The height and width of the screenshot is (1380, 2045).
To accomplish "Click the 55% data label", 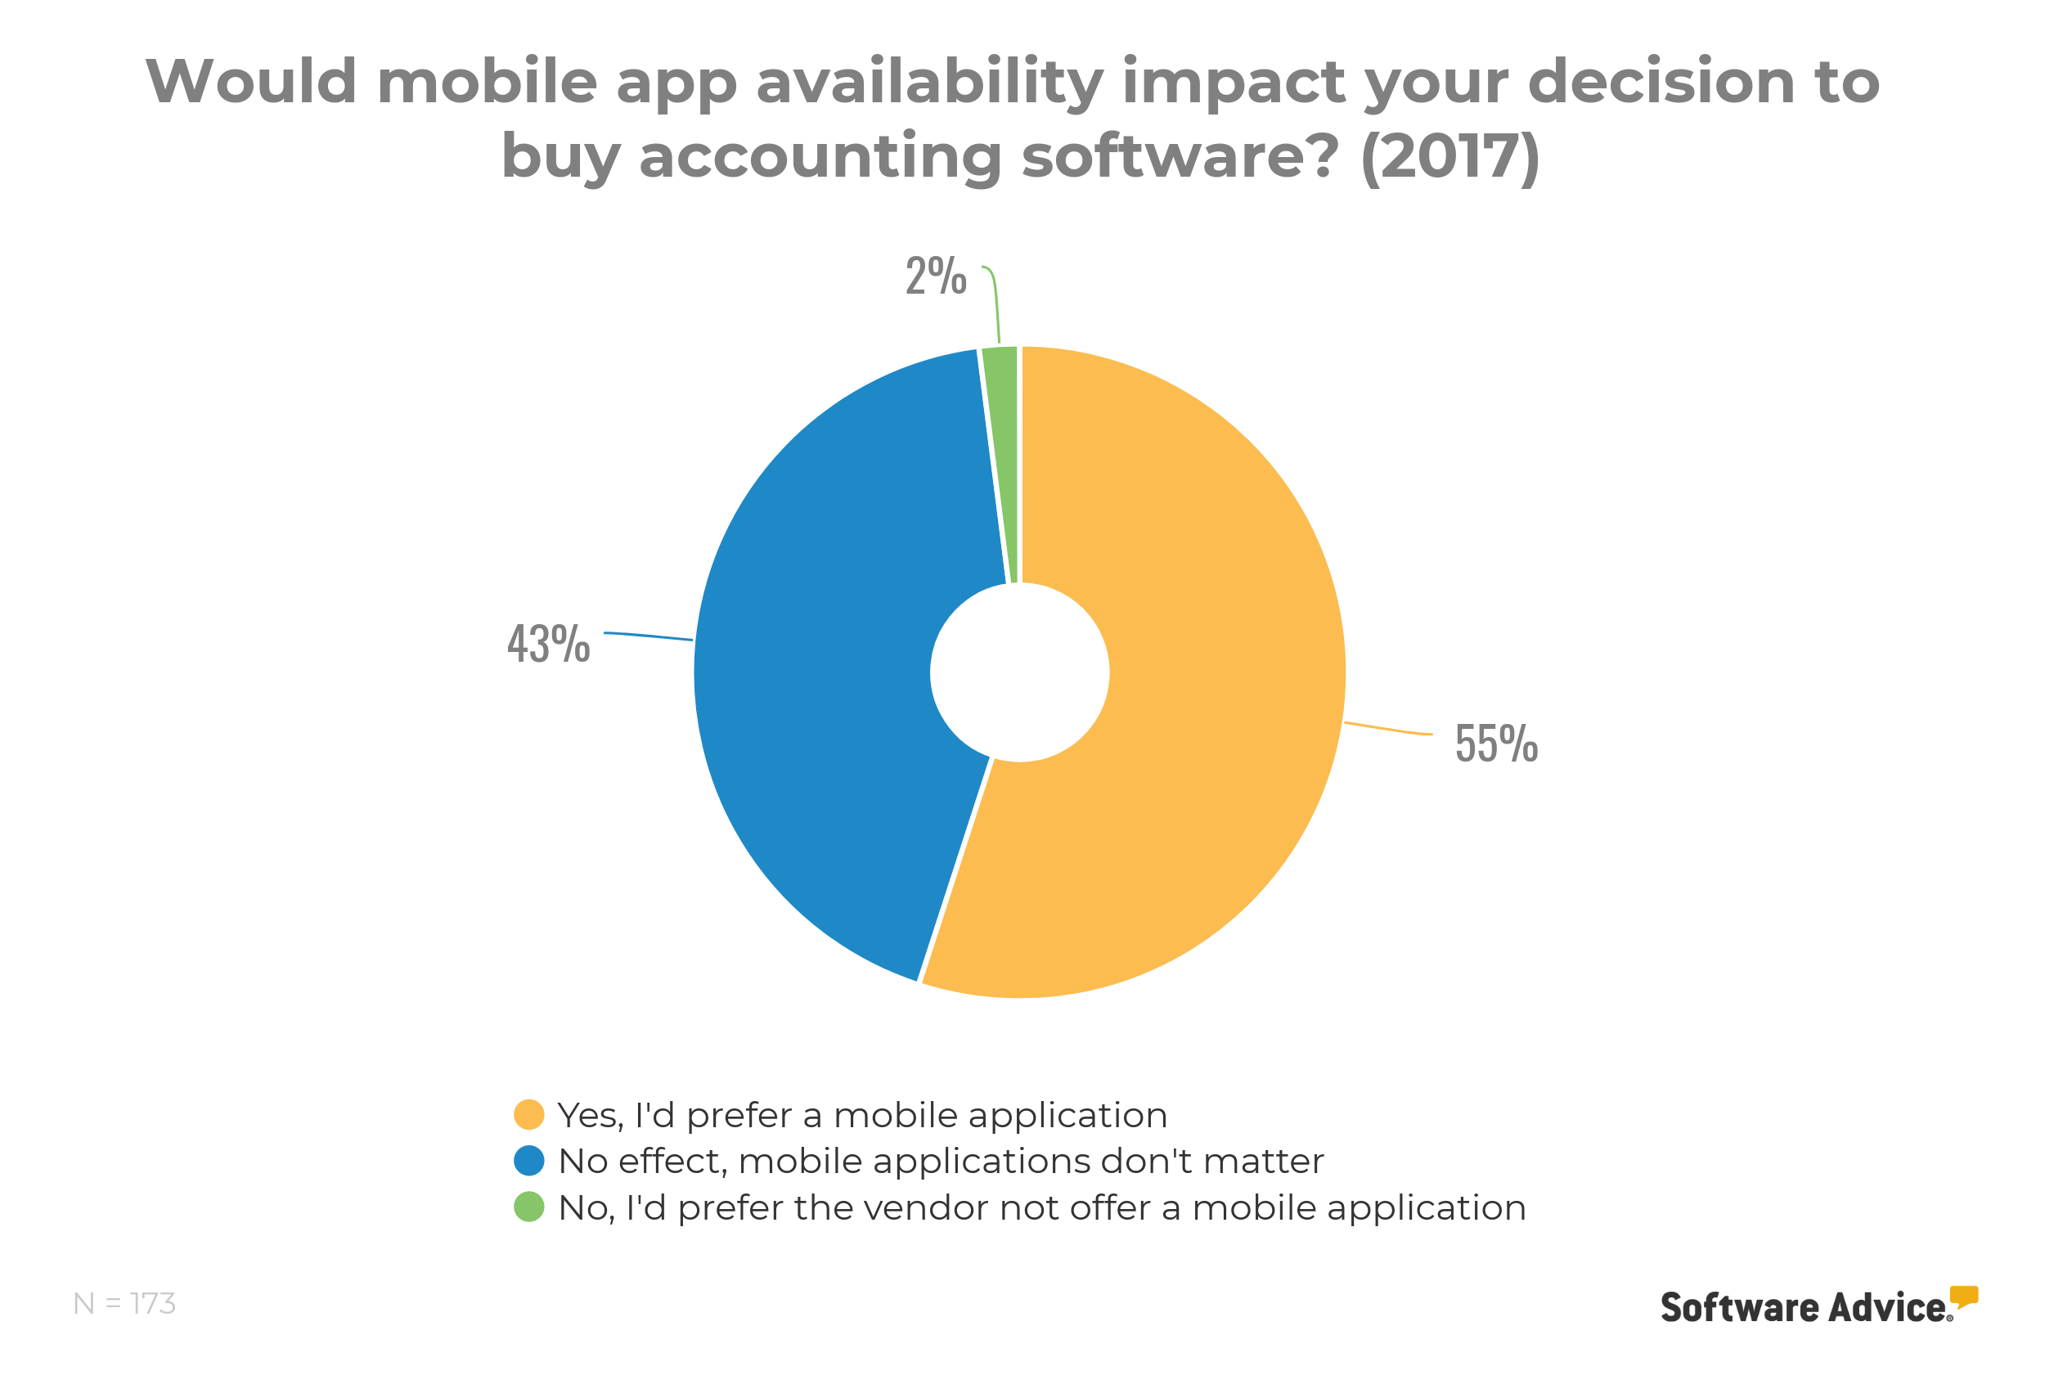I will tap(1496, 744).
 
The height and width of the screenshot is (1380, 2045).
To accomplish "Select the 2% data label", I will tap(936, 276).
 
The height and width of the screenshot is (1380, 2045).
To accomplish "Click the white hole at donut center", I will tap(1020, 672).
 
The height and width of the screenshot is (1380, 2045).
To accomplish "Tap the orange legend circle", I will tap(529, 1114).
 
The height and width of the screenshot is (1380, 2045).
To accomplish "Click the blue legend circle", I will tap(529, 1160).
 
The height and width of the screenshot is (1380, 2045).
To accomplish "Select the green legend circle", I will tap(529, 1207).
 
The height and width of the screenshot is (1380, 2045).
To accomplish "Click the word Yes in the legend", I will tap(590, 1116).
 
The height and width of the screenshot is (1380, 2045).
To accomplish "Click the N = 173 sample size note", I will tap(124, 1303).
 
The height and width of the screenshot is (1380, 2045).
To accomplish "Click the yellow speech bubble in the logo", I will tap(1963, 1297).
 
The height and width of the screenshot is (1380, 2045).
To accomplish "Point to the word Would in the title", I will tap(251, 81).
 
